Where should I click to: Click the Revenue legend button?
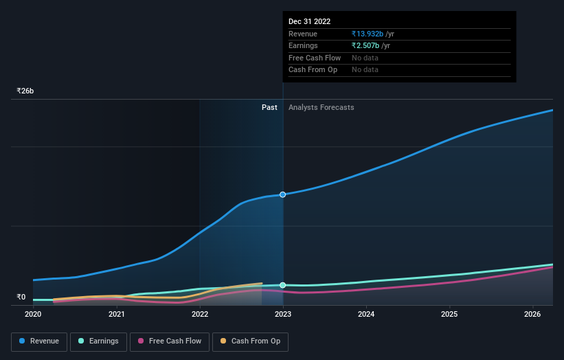(39, 341)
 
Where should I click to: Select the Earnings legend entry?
(98, 341)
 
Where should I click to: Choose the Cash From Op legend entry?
(251, 341)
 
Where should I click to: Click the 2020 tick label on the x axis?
(33, 315)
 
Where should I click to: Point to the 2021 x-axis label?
(117, 315)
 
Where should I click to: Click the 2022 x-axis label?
(200, 315)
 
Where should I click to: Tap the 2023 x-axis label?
(283, 315)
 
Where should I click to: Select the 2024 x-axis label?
(366, 315)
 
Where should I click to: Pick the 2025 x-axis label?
(449, 315)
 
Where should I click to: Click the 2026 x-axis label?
(533, 315)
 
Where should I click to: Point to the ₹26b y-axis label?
(25, 91)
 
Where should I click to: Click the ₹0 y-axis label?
(21, 297)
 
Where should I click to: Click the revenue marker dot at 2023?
(282, 194)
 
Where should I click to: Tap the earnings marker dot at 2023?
(282, 284)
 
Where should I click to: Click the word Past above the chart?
(269, 107)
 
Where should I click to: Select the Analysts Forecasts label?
(322, 107)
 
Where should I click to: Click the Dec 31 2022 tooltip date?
(309, 21)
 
